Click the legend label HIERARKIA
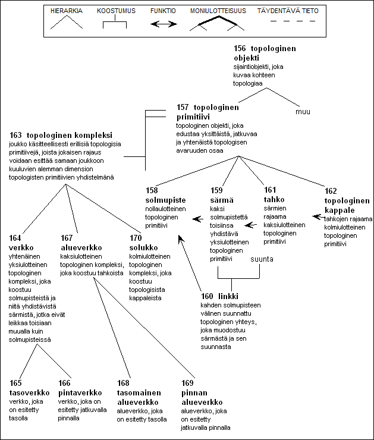67,11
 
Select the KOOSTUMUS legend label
116,11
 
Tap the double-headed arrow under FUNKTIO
164,24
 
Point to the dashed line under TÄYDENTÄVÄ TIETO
293,21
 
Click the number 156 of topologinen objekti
240,48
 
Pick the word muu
303,112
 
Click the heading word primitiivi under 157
193,117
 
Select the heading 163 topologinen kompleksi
61,135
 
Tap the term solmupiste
165,200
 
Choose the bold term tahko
274,200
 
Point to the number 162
331,191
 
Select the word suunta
262,259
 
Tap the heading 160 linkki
219,296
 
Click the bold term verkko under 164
21,248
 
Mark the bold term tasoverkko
30,392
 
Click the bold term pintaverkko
80,393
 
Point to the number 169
187,383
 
